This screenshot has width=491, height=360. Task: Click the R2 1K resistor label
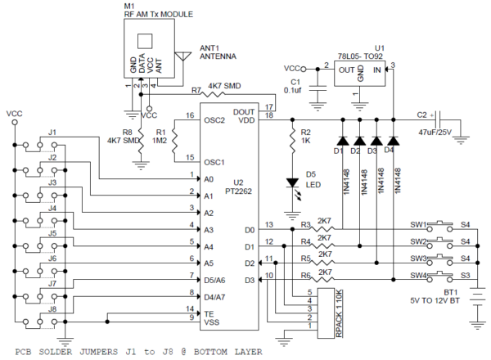pyautogui.click(x=305, y=136)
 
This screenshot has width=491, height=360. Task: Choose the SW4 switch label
pyautogui.click(x=419, y=275)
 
